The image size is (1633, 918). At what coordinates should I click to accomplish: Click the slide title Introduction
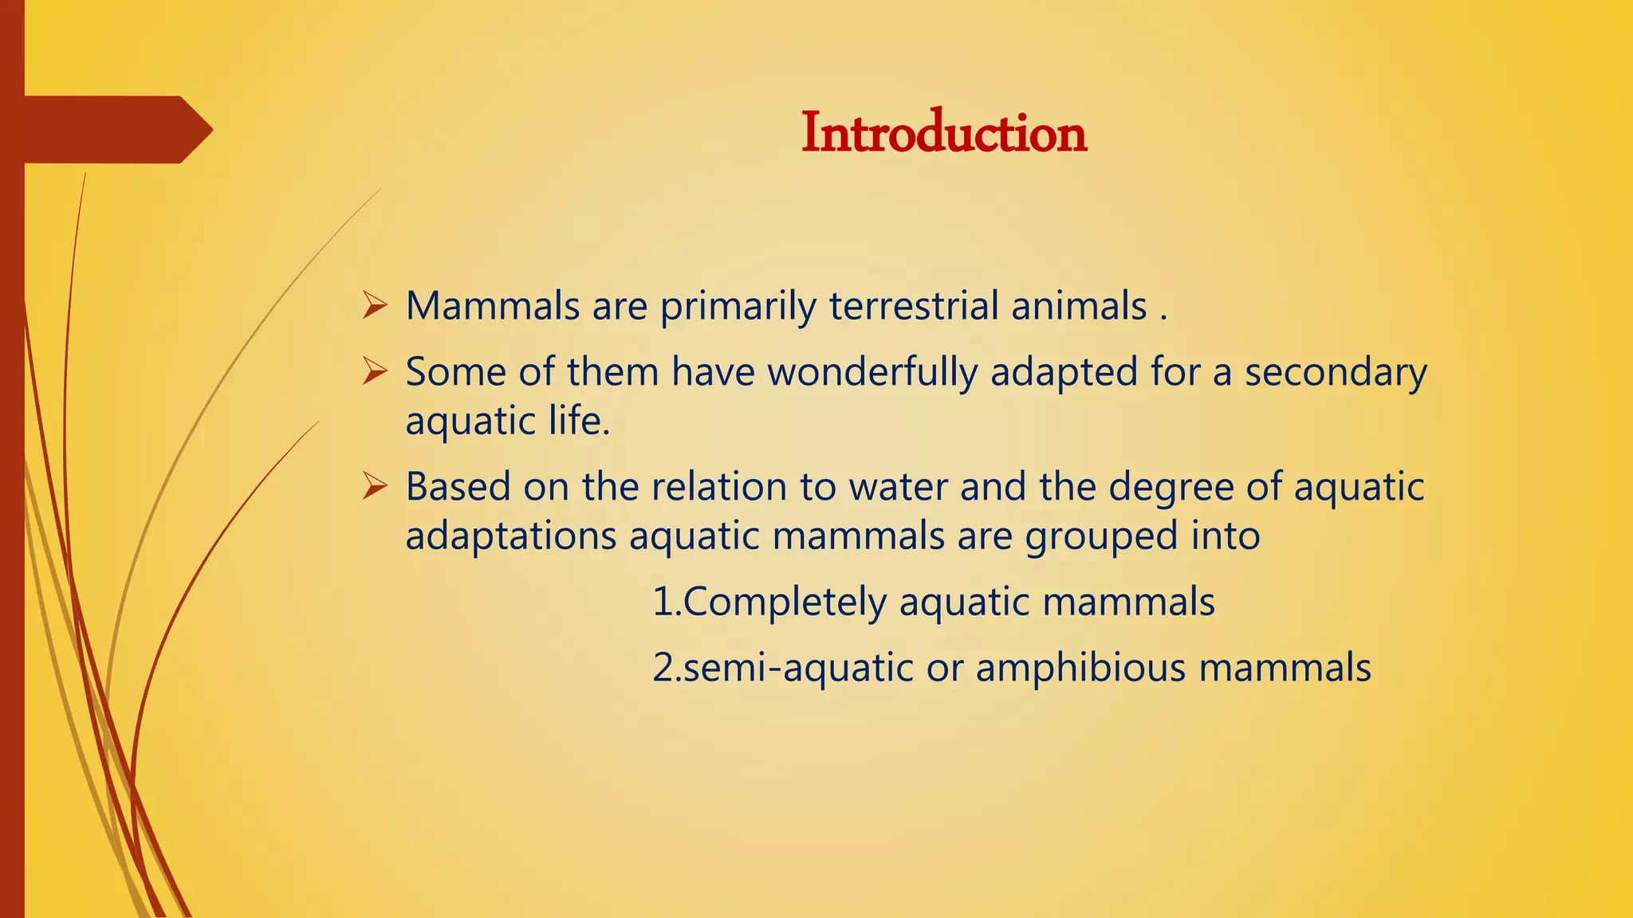[943, 133]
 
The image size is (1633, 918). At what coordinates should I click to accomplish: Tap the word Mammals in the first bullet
[492, 306]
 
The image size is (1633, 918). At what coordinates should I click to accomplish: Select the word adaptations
[510, 536]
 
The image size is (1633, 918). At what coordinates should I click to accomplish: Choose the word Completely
[785, 602]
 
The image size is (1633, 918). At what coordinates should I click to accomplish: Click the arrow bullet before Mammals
[374, 305]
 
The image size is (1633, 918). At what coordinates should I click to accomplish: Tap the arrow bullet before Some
[374, 371]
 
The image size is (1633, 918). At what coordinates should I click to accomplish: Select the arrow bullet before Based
[374, 485]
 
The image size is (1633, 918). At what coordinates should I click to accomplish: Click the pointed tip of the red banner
[208, 130]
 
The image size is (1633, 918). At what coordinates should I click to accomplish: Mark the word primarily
[738, 307]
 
